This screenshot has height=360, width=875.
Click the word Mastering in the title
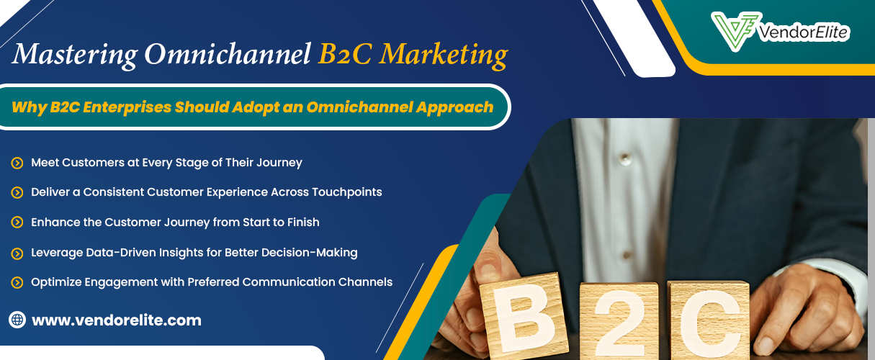75,54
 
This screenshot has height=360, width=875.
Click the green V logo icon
735,31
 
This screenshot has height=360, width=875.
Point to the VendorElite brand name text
804,32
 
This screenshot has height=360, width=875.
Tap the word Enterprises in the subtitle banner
127,107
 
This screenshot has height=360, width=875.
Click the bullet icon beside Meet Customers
17,163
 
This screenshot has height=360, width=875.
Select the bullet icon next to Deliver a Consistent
17,192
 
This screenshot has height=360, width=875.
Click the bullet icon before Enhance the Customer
17,222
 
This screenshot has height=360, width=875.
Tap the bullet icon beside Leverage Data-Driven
17,253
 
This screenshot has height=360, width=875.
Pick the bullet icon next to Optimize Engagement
17,282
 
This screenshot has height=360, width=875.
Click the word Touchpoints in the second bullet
347,192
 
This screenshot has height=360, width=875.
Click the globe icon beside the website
17,320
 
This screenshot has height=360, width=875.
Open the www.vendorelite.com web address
117,320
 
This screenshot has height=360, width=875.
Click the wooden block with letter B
524,315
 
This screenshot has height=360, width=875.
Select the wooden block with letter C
709,320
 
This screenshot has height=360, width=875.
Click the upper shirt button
625,158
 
